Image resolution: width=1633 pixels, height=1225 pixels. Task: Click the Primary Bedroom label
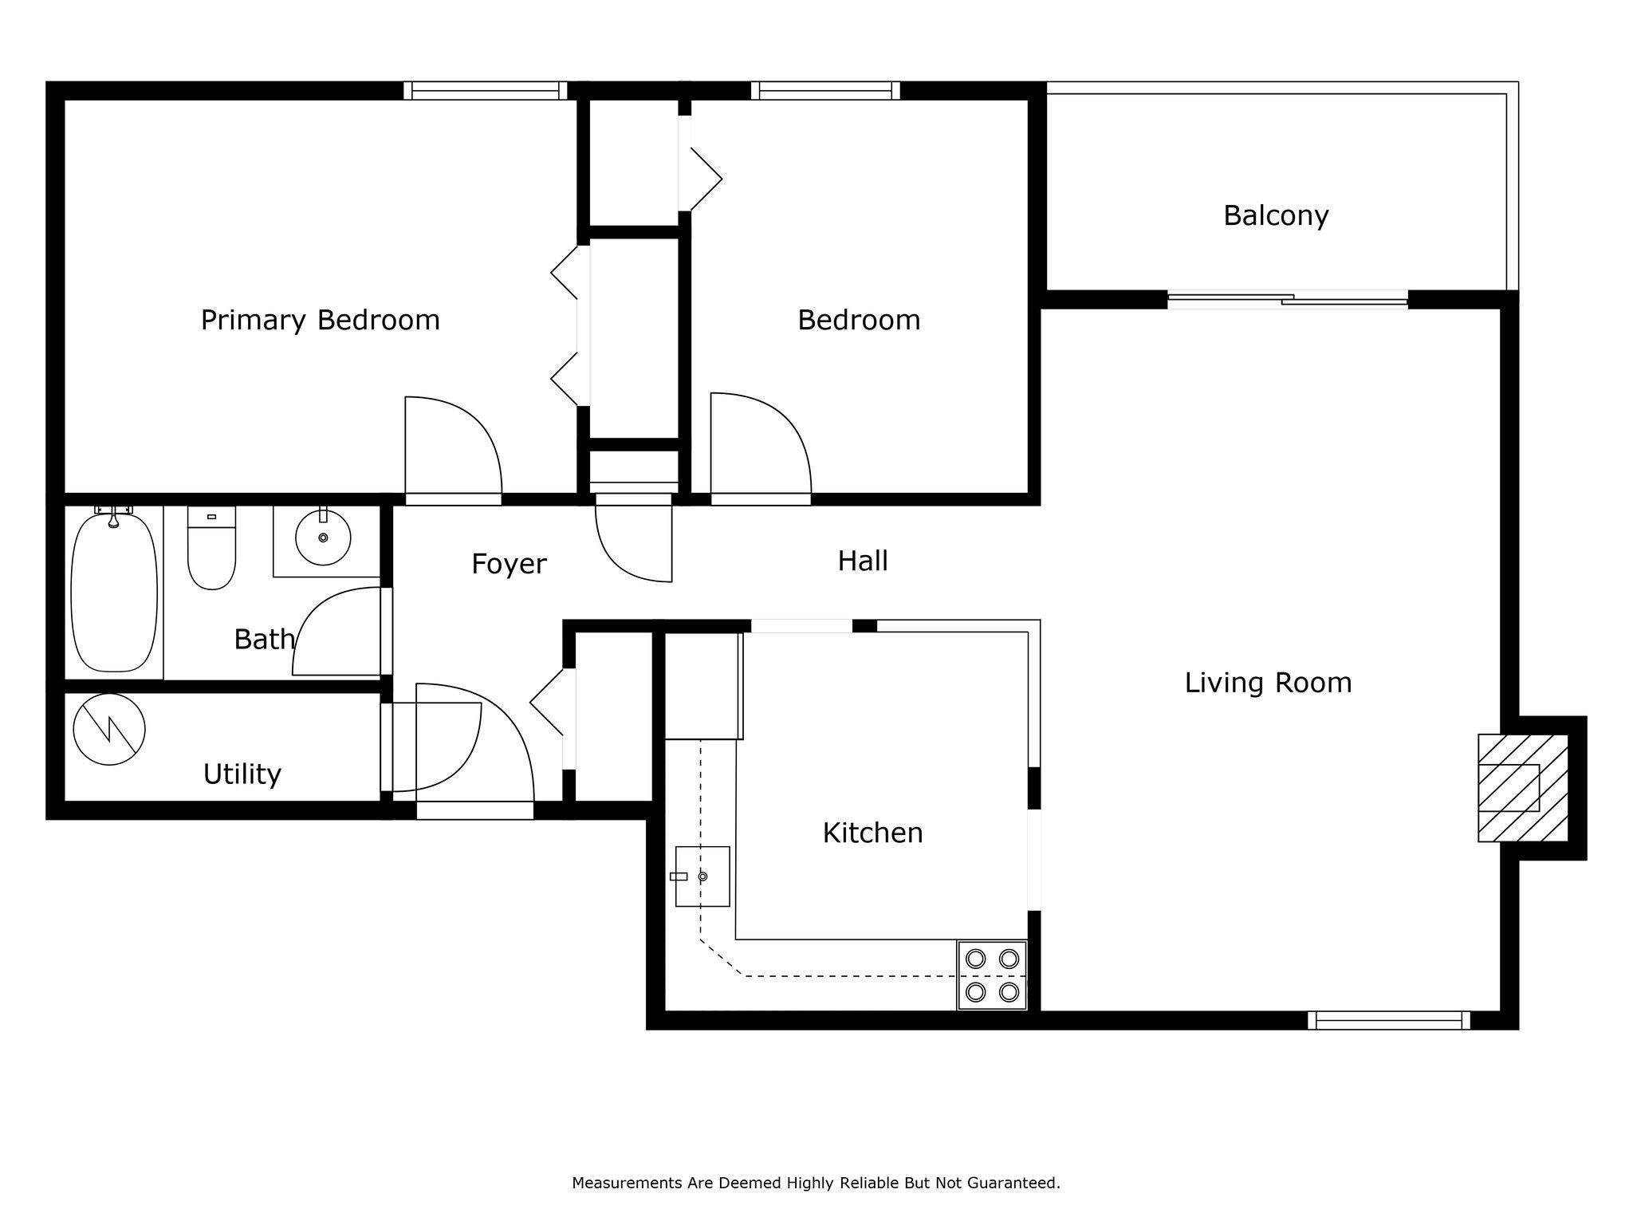[x=320, y=321]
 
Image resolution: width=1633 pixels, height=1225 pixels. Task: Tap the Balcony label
[x=1276, y=216]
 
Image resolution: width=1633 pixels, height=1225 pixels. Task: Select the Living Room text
[x=1268, y=683]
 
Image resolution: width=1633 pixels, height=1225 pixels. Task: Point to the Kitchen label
[x=872, y=833]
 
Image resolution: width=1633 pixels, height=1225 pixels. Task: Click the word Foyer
[x=509, y=565]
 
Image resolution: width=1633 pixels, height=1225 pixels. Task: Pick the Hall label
[x=863, y=561]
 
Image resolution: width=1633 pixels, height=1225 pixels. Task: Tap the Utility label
[x=242, y=774]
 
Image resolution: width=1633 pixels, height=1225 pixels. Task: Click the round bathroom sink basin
[x=323, y=538]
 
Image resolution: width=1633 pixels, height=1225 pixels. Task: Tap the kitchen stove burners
[x=992, y=975]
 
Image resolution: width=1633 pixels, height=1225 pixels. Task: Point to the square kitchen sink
[x=702, y=876]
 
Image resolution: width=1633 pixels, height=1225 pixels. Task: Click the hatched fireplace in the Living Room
[x=1523, y=788]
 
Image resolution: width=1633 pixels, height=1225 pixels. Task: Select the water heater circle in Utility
[x=109, y=729]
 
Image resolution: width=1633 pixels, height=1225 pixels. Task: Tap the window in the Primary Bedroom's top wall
[x=485, y=91]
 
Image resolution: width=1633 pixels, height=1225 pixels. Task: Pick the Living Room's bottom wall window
[x=1389, y=1020]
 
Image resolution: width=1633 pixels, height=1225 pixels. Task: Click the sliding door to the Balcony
[x=1288, y=300]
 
